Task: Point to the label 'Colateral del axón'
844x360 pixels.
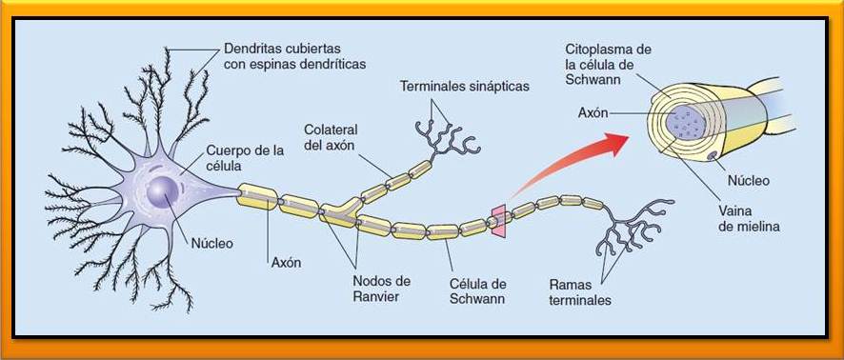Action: click(334, 137)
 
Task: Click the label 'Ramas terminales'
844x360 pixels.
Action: click(580, 292)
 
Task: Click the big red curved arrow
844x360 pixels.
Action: click(572, 162)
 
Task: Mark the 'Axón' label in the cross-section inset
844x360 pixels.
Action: click(593, 112)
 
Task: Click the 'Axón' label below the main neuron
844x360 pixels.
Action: click(285, 263)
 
